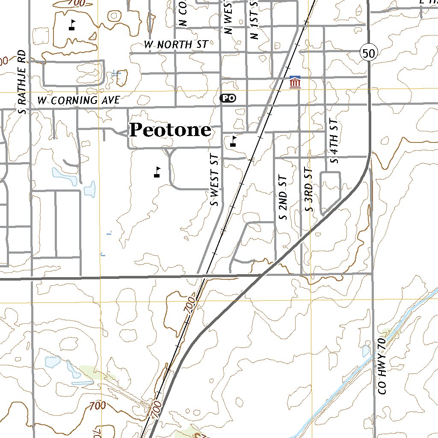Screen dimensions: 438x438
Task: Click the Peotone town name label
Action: coord(170,130)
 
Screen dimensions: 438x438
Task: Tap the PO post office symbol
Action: coord(228,98)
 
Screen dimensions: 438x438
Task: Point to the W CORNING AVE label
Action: coord(79,101)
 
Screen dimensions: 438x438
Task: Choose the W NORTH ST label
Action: coord(176,44)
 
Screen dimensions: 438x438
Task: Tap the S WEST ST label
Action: coord(215,180)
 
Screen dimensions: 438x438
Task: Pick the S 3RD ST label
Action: coord(309,190)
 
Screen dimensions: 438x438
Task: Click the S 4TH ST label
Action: coord(334,141)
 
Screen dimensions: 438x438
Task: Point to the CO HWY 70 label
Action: coord(382,366)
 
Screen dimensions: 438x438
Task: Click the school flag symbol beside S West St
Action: coord(233,141)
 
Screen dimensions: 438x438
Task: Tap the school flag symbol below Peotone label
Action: coord(157,172)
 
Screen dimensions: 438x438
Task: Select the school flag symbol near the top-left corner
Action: coord(72,25)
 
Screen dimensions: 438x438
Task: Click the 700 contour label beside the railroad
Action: coord(190,305)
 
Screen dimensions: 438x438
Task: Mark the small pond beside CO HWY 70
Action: coord(366,351)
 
